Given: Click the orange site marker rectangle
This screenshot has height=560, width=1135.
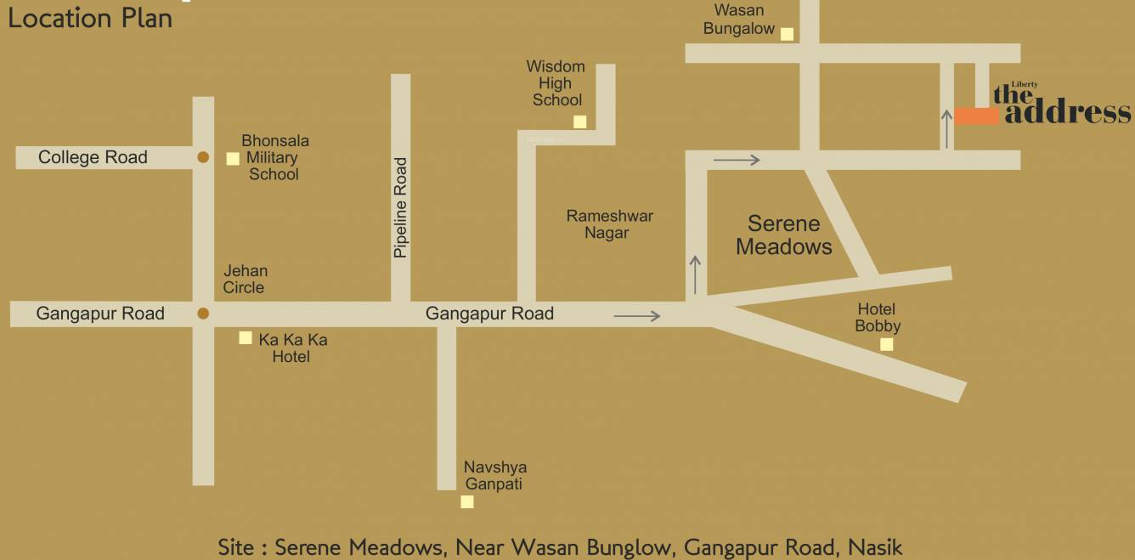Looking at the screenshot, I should tap(976, 116).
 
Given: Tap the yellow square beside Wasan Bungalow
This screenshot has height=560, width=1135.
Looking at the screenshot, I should tap(788, 34).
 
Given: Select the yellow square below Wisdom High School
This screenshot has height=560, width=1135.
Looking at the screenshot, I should tap(579, 122).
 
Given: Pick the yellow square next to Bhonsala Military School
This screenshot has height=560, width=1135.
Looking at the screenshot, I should tap(233, 158).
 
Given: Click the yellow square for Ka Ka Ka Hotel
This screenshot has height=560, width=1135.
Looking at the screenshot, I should tap(246, 337).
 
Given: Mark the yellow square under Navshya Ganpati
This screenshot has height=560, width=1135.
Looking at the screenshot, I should tap(466, 501).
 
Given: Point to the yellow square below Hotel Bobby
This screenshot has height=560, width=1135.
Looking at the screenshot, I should tap(886, 344).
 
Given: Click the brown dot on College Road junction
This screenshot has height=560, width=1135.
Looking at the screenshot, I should tap(203, 157).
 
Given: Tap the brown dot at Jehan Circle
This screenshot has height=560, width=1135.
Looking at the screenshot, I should tap(203, 314).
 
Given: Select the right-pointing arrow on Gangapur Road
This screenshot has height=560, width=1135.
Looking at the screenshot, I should tap(637, 316).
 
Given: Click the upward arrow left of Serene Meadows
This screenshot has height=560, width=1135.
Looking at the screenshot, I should tap(696, 274).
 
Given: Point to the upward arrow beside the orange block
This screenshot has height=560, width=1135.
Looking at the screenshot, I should tap(946, 128).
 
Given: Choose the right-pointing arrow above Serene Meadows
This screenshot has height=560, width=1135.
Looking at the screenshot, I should tap(737, 159).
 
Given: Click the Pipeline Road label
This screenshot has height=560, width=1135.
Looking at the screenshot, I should tap(401, 207).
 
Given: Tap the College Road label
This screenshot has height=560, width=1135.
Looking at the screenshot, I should tap(93, 157).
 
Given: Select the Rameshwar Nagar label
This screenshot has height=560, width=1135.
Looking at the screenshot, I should tap(609, 224).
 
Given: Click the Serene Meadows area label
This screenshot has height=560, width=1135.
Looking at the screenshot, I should tap(783, 235).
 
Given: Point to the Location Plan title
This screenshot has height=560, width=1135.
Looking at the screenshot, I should tap(90, 18).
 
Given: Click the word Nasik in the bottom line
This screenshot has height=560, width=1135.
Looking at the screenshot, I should tap(875, 546).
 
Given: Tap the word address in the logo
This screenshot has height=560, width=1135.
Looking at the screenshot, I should tap(1068, 113).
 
